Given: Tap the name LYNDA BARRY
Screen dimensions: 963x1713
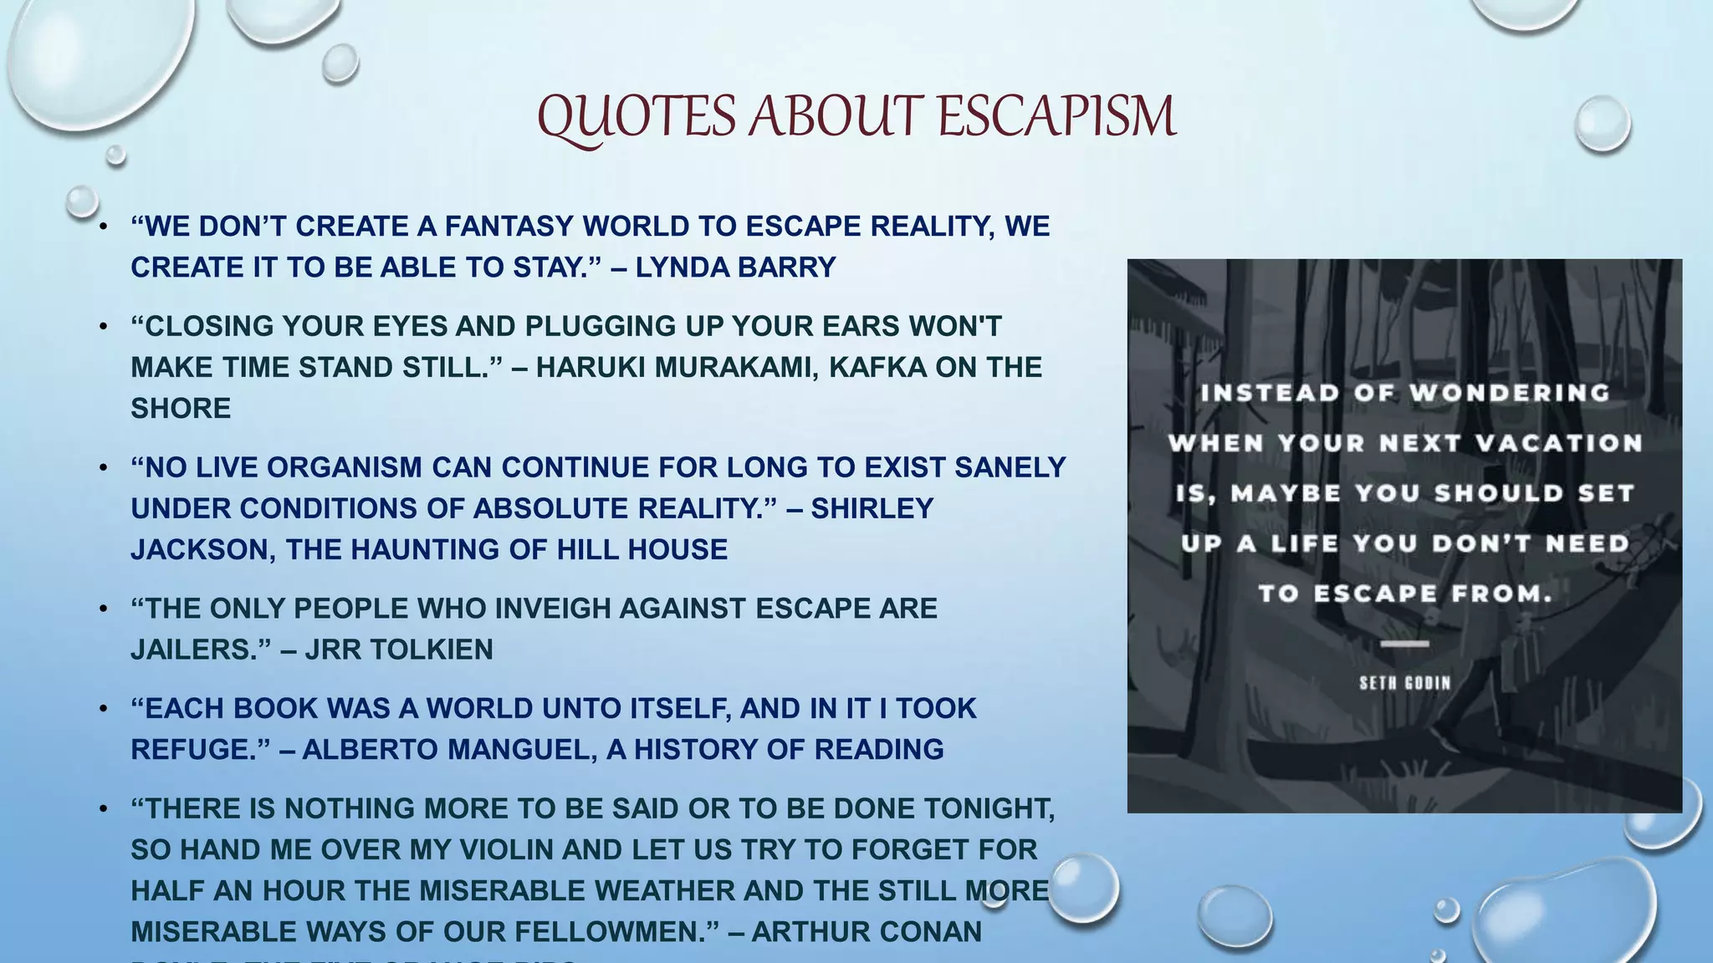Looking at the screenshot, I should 735,267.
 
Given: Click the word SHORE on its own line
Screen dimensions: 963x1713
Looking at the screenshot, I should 181,408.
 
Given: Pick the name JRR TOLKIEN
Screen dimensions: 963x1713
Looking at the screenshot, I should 399,650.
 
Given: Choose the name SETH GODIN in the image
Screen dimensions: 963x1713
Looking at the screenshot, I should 1404,683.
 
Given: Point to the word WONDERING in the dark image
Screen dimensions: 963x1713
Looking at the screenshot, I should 1509,393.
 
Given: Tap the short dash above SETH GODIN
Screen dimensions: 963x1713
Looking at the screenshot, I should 1404,644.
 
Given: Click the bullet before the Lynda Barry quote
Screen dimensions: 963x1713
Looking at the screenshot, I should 103,227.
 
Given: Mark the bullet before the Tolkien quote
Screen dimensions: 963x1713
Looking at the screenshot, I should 103,609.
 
